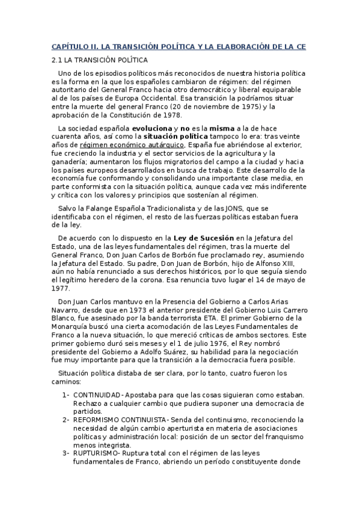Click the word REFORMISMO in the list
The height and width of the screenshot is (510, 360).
click(x=97, y=419)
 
